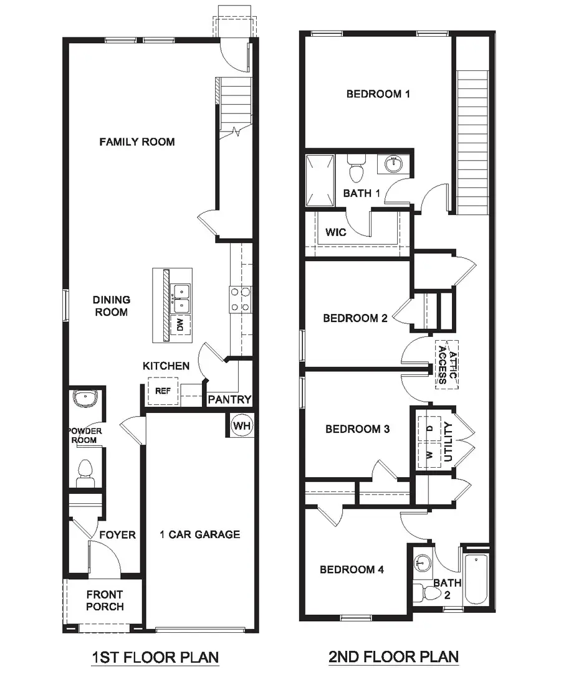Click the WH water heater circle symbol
242,426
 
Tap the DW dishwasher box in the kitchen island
180,324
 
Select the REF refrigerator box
163,392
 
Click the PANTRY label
229,400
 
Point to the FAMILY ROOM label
137,142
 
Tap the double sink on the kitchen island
181,298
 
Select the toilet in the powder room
84,473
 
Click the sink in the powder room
84,399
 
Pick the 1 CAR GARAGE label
199,534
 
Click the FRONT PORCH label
105,600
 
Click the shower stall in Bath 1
320,181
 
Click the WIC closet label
335,232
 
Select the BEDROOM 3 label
357,429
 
